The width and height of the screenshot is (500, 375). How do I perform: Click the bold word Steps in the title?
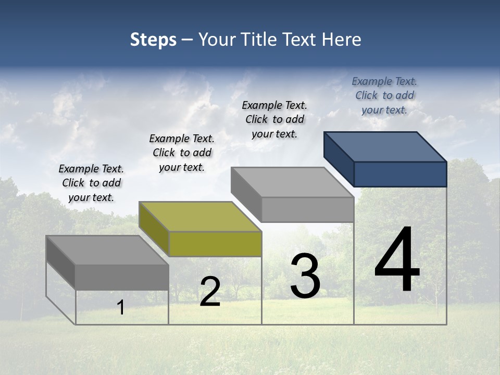(153, 40)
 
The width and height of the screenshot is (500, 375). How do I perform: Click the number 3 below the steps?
(305, 276)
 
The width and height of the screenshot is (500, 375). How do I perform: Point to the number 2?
(210, 292)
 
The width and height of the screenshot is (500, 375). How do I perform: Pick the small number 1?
(121, 308)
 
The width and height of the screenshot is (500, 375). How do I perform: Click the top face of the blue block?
(385, 146)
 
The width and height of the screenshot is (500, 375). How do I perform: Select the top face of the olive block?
(200, 217)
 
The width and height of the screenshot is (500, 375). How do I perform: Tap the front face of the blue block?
(400, 174)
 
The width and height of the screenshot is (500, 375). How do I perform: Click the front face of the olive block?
(215, 244)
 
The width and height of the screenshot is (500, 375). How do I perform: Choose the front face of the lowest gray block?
(122, 277)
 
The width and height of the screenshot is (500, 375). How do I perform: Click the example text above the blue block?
(384, 95)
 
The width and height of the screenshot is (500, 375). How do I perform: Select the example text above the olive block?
(182, 153)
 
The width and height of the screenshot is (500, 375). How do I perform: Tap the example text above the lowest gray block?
(91, 183)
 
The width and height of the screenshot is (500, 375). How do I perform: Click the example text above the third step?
(274, 119)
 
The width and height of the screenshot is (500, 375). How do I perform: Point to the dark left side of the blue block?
(339, 159)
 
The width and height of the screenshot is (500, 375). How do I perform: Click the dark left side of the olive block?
(154, 229)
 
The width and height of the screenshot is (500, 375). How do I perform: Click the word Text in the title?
(301, 40)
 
